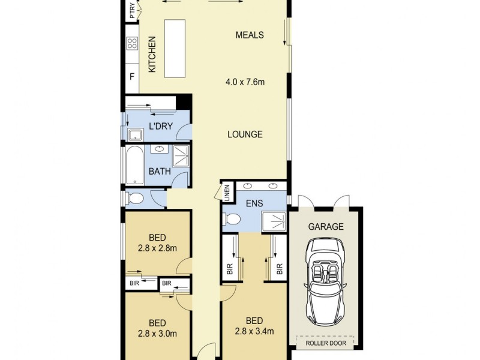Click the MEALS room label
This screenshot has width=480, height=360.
coord(250,35)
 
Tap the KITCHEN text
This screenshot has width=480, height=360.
coord(152,55)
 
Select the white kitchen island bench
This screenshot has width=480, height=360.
coord(173,48)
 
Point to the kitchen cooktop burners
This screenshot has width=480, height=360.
coord(132,43)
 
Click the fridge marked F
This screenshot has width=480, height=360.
coord(132,76)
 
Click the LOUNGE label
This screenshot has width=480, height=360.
coord(245,134)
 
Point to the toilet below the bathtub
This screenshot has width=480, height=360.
coord(135,198)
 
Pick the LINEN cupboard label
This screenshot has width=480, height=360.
coord(227,192)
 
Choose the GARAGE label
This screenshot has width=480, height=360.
coord(326,227)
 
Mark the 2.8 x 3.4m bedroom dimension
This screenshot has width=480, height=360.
coord(254,331)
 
